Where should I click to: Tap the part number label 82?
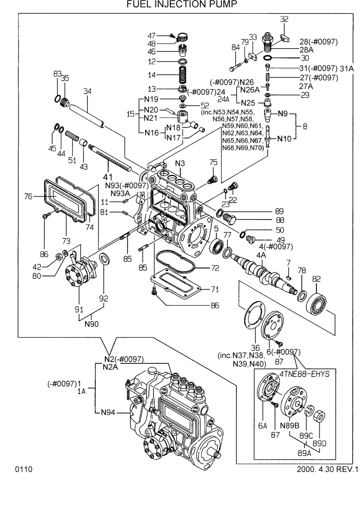point(316,279)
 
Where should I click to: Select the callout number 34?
point(87,91)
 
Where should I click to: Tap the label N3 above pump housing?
point(180,164)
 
